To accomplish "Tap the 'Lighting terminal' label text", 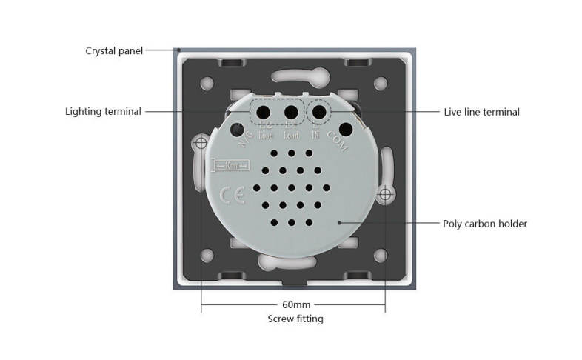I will (x=103, y=112).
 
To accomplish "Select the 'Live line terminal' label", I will (x=481, y=112).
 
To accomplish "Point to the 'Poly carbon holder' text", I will (x=485, y=223).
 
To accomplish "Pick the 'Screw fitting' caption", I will (x=295, y=319).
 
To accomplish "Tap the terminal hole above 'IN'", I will (x=319, y=112).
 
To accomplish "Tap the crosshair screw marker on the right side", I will (x=384, y=195).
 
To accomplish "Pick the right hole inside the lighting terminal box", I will (x=291, y=112).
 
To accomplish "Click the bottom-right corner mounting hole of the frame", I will (x=381, y=256).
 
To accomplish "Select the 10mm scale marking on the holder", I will (x=232, y=166).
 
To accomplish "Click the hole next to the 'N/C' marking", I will (x=237, y=130).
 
